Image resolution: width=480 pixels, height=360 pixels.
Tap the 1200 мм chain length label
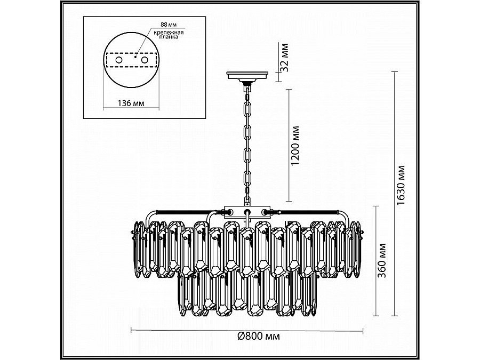coord(297,146)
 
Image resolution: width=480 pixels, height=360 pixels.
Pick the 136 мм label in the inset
coord(130,102)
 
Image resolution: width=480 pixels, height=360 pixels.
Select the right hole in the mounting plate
coord(144,61)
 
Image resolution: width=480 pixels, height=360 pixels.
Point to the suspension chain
coord(247,144)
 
